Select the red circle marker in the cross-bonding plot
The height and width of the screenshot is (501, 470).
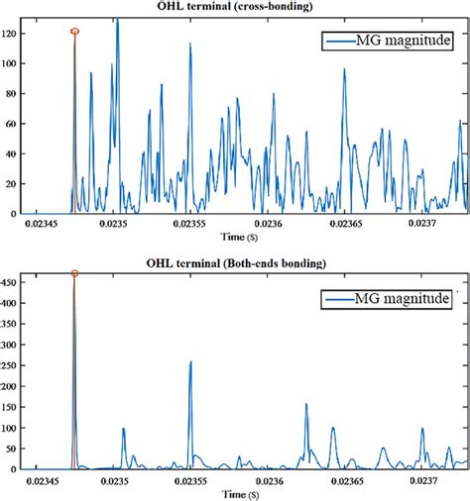tap(74, 32)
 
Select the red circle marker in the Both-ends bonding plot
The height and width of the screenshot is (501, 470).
tap(74, 274)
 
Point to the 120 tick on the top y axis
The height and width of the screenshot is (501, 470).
tap(12, 33)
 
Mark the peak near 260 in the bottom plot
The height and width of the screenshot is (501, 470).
tap(190, 361)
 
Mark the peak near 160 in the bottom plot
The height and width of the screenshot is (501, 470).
tap(306, 404)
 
